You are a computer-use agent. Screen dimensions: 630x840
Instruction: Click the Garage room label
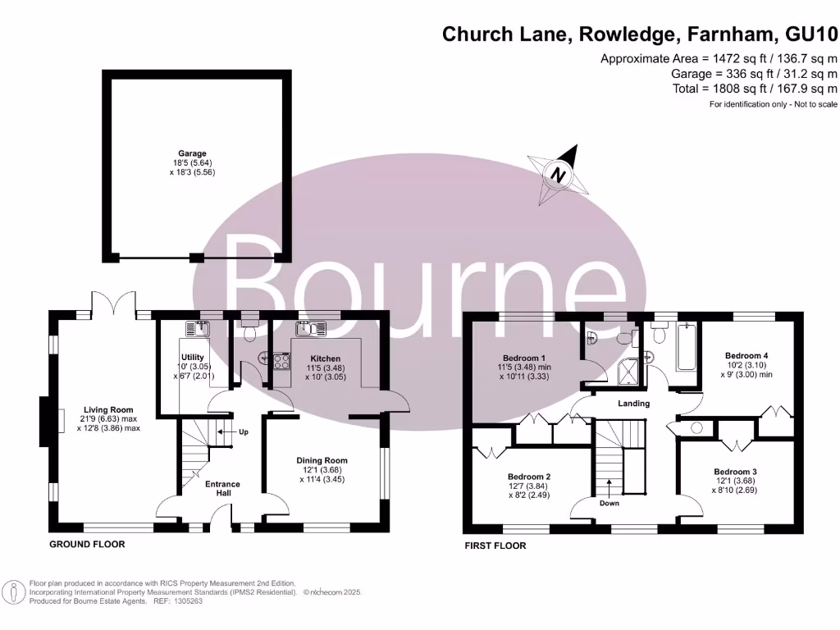(193, 153)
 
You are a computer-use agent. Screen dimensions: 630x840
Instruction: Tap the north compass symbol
(560, 174)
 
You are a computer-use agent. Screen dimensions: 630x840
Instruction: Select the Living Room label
(107, 410)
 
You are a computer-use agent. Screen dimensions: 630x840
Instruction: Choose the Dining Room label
(322, 460)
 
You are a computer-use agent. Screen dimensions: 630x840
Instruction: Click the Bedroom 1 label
(524, 358)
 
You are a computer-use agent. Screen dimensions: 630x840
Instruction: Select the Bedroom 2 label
(528, 477)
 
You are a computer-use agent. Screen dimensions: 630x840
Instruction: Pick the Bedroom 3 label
(734, 472)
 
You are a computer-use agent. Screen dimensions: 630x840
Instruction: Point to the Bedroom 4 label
(746, 355)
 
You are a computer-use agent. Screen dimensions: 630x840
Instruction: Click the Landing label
(633, 404)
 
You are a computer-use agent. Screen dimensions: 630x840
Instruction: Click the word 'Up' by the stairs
(244, 431)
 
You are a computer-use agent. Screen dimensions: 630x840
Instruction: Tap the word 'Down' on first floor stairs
(609, 504)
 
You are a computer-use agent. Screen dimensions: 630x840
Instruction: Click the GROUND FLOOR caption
(87, 544)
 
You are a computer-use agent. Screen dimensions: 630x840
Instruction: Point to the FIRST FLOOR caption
(495, 546)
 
